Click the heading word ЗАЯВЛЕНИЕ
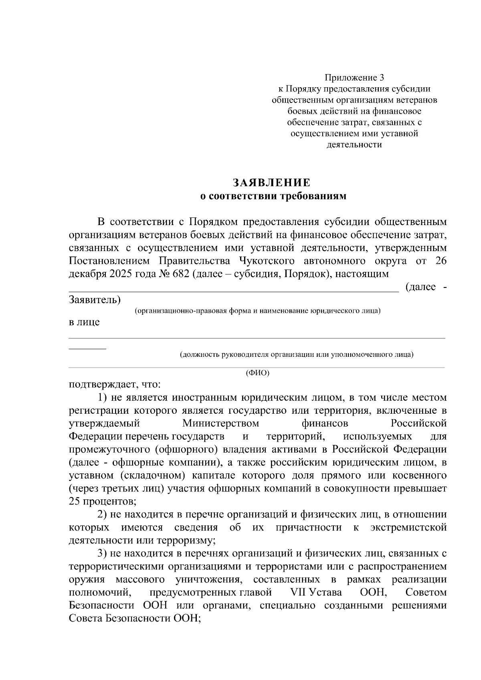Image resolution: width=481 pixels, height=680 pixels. [272, 183]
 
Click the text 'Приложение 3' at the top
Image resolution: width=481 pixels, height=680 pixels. [354, 77]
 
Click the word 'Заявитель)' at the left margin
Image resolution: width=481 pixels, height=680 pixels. [95, 300]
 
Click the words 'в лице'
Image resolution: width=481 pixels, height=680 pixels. [84, 322]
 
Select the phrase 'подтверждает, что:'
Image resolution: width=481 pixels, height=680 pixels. [115, 385]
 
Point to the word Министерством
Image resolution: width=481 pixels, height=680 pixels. [220, 423]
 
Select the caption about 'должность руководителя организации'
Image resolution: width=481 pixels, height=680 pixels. [297, 354]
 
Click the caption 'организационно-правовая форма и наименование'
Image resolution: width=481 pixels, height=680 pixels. [257, 311]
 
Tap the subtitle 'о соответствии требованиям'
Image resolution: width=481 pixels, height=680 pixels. [272, 196]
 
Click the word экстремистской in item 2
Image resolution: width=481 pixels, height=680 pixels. [408, 527]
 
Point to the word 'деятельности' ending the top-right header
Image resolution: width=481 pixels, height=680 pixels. [354, 145]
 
